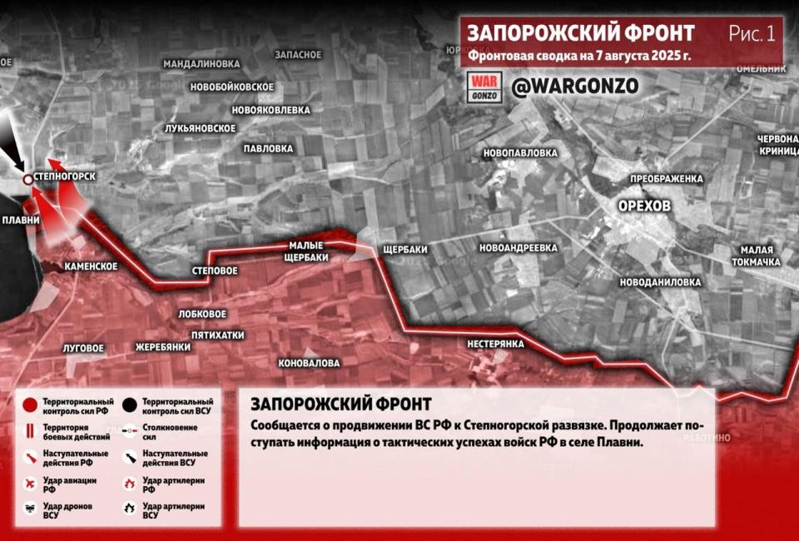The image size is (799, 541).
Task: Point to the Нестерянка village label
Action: coord(495,343)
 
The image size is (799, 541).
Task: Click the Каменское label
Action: coord(91,266)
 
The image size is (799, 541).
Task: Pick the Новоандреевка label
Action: coord(518,248)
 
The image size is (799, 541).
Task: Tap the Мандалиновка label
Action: coord(201,63)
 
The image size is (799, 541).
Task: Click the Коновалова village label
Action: coord(310,363)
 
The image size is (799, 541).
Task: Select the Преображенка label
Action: coord(667,179)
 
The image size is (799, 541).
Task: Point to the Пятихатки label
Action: coord(217,335)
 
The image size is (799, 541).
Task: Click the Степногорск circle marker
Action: coord(27,179)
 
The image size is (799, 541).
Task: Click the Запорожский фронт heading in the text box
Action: coord(340,405)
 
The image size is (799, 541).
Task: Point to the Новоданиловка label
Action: coord(661,281)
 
